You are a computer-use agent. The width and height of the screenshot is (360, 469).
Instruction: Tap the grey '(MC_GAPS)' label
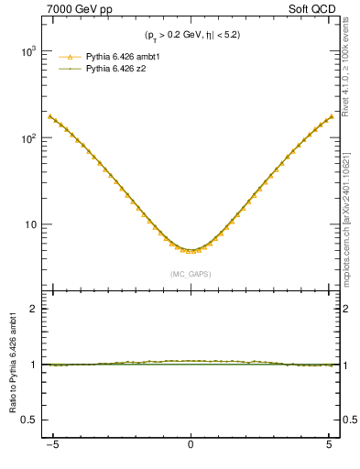(x=191, y=273)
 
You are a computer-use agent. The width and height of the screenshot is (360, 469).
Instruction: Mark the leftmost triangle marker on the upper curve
(x=51, y=116)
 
